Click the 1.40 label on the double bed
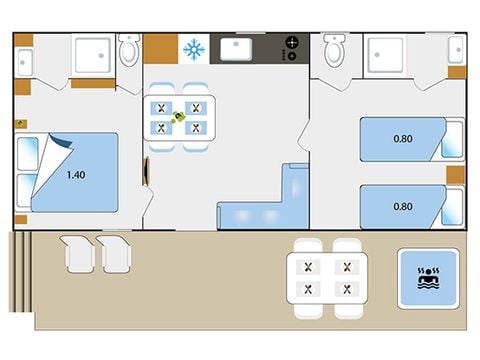(75, 175)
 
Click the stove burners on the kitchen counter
(292, 48)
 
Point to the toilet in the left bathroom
(128, 50)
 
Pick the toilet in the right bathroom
(334, 49)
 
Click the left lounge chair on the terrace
(79, 253)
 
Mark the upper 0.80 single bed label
(403, 139)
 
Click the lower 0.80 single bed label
(403, 206)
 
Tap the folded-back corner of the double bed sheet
(55, 150)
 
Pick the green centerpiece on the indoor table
(179, 117)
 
